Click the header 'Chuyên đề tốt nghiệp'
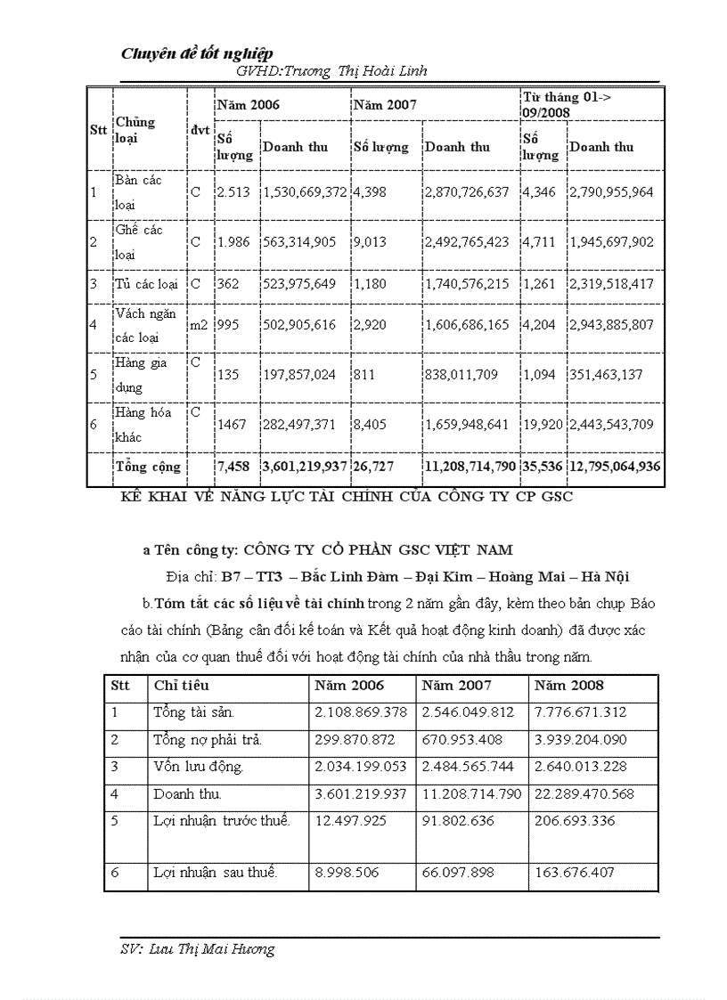point(197,54)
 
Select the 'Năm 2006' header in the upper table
point(249,104)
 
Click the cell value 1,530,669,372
point(305,192)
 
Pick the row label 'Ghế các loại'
point(138,241)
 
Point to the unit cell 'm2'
point(199,325)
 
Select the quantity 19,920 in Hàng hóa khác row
point(542,425)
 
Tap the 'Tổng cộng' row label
point(148,467)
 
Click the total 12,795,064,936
point(615,467)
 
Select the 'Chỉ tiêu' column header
point(182,686)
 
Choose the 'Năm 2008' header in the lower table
point(568,686)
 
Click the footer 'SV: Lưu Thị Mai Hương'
point(198,949)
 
